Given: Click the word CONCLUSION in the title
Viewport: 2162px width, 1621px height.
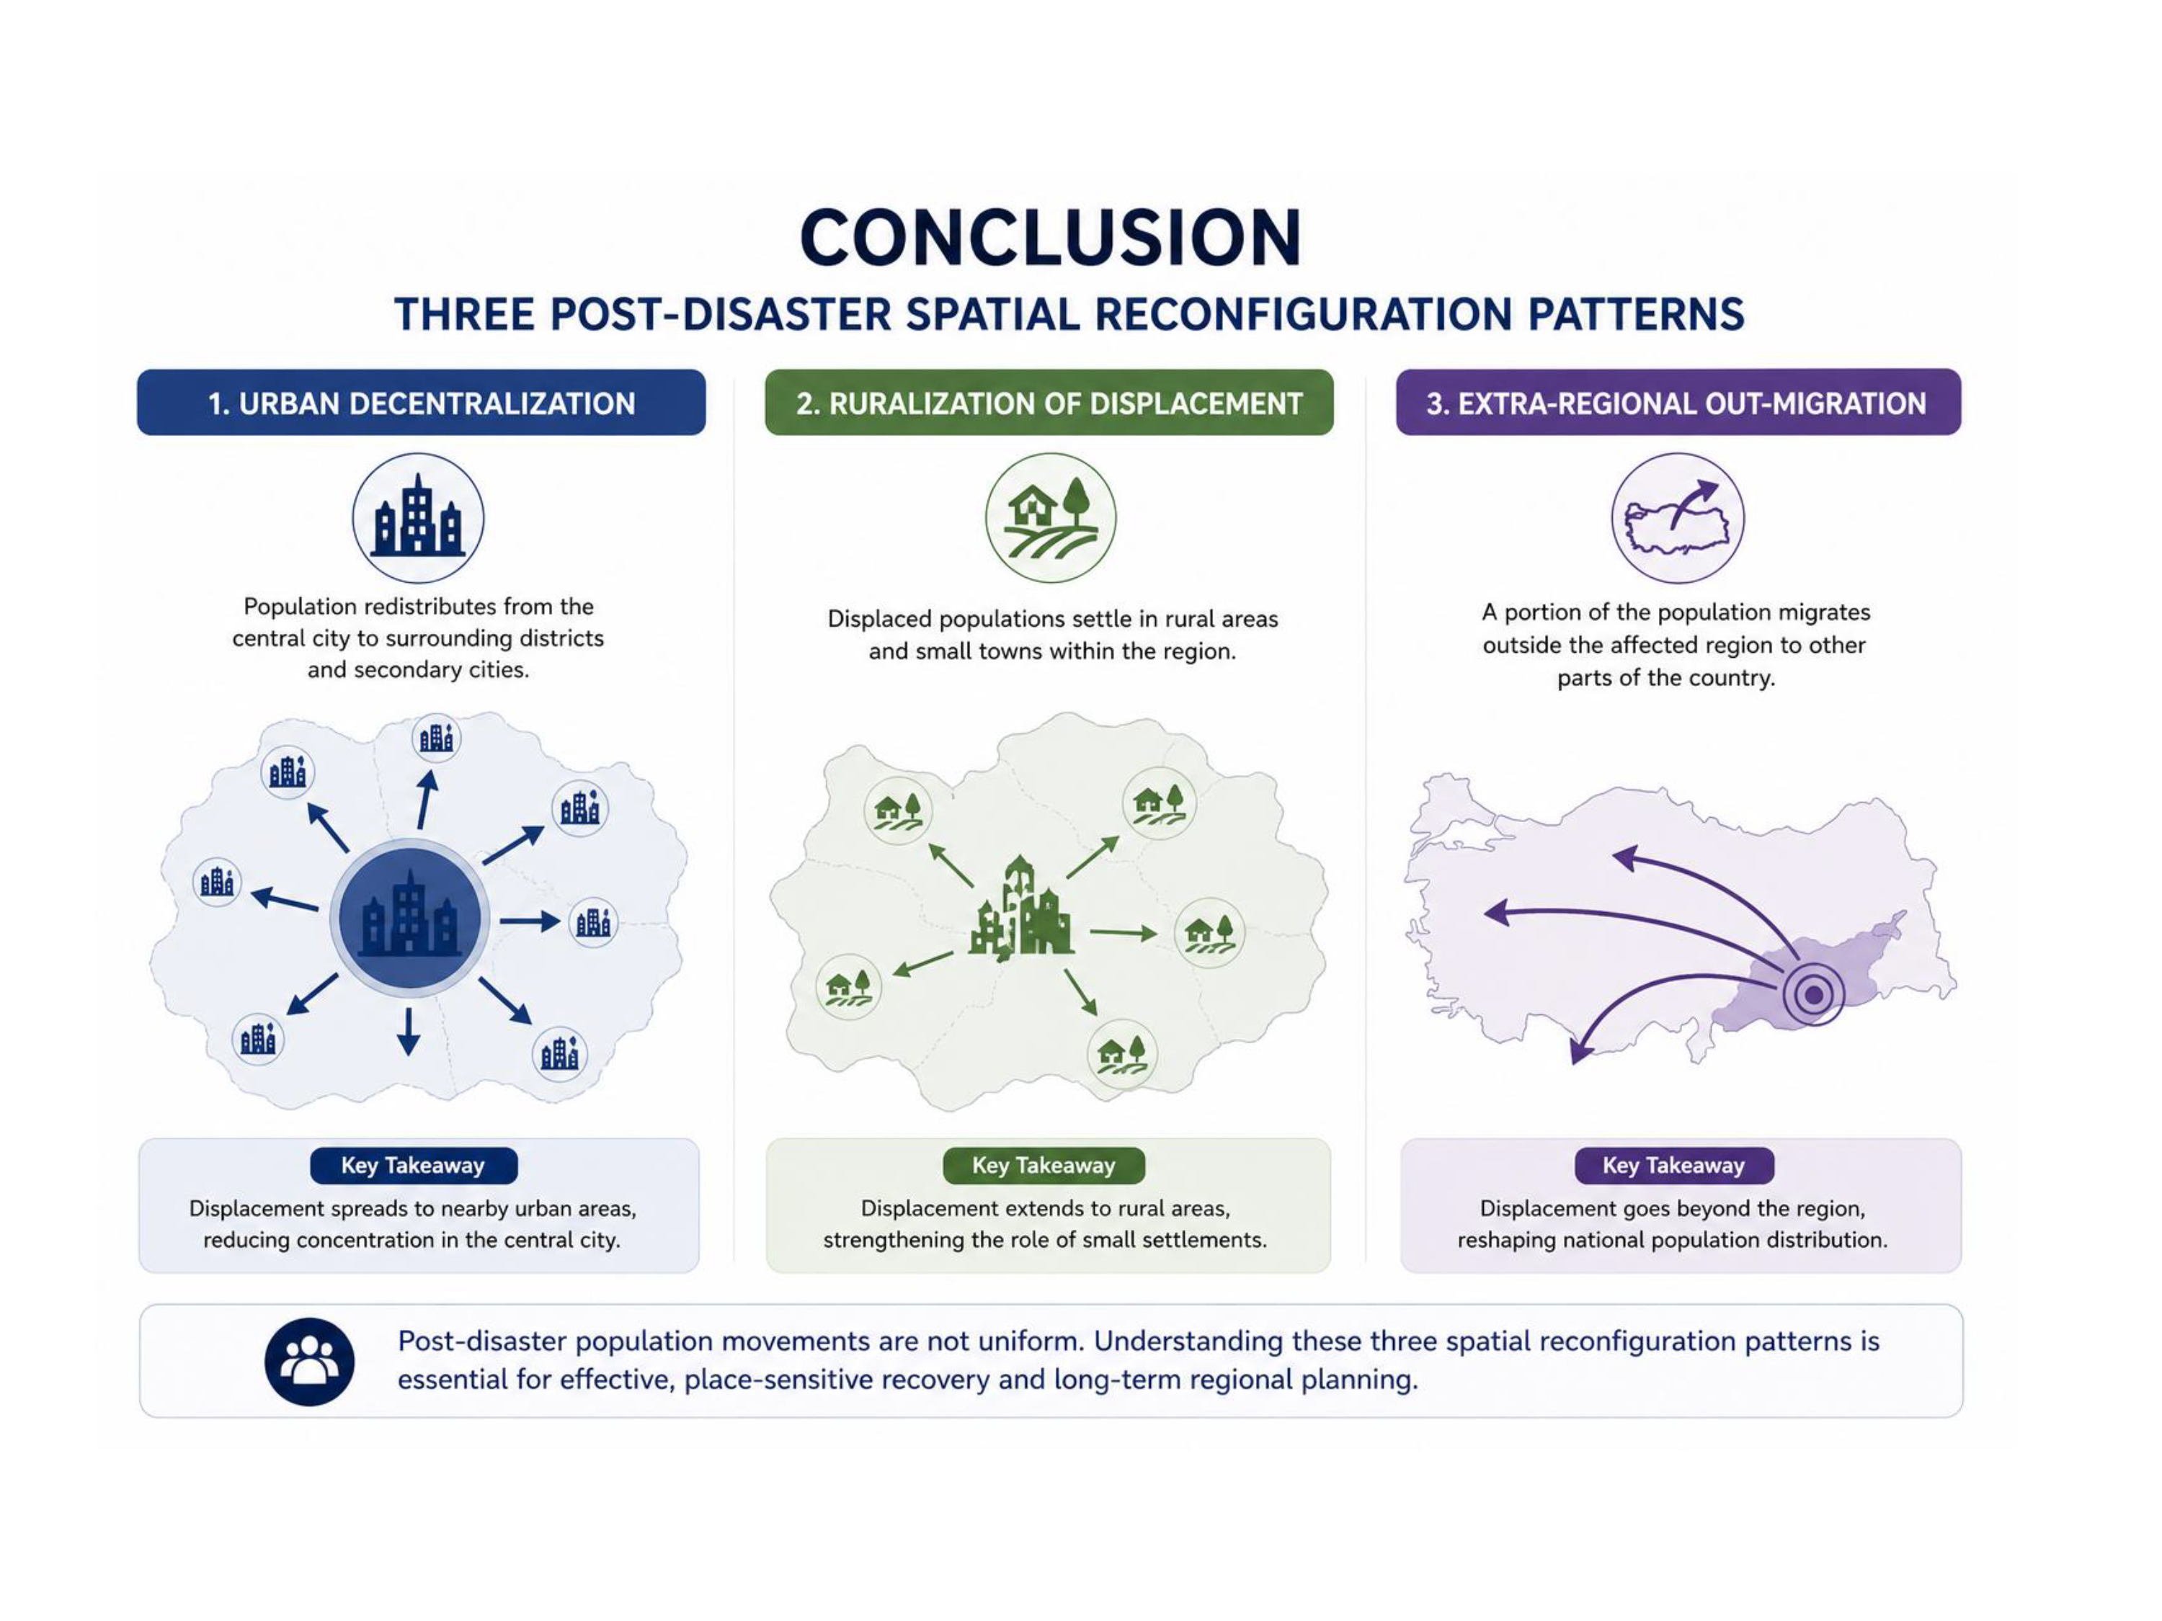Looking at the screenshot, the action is click(1051, 238).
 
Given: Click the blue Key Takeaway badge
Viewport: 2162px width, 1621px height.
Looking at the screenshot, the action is click(414, 1165).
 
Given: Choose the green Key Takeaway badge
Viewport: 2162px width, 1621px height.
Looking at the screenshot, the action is click(1044, 1165).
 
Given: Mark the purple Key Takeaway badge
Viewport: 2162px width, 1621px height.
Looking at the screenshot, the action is click(1673, 1165).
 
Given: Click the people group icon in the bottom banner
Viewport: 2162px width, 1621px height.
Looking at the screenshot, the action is click(310, 1361).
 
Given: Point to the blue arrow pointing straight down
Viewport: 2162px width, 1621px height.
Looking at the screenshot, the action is click(409, 1032).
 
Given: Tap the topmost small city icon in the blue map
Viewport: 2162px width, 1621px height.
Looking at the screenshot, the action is click(436, 738).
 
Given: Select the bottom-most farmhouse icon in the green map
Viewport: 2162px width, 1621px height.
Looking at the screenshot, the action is click(1122, 1053).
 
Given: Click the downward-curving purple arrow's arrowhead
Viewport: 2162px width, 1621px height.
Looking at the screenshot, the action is click(1580, 1051).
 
